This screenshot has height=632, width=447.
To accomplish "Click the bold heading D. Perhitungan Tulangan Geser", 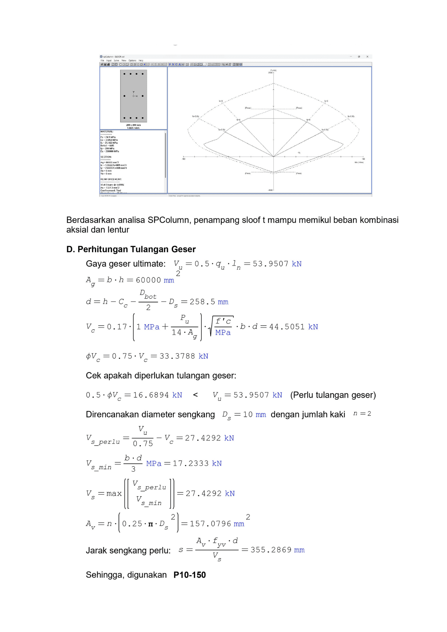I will (x=131, y=249).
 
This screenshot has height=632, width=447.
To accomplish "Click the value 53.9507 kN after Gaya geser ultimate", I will (x=277, y=264).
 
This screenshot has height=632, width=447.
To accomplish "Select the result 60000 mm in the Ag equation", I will (x=155, y=280).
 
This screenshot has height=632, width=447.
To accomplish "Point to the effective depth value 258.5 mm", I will (x=209, y=302).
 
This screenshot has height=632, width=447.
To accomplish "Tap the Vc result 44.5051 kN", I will (x=293, y=327).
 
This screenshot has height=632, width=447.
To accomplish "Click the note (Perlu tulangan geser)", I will (x=333, y=395).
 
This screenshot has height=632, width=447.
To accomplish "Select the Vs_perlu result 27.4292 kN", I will (x=209, y=438).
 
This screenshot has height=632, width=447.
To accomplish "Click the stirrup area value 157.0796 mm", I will (x=217, y=524).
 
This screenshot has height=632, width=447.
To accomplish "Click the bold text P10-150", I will (x=190, y=575).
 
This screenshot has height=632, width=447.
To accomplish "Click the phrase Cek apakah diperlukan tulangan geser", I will (x=161, y=375).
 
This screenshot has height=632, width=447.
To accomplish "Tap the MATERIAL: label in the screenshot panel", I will (x=107, y=131).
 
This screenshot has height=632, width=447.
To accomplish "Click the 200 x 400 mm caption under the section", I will (x=133, y=125).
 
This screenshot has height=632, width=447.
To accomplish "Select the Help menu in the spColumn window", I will (x=141, y=60).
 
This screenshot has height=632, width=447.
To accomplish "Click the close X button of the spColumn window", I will (x=367, y=57).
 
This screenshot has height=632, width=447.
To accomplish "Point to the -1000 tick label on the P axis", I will (x=270, y=190).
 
